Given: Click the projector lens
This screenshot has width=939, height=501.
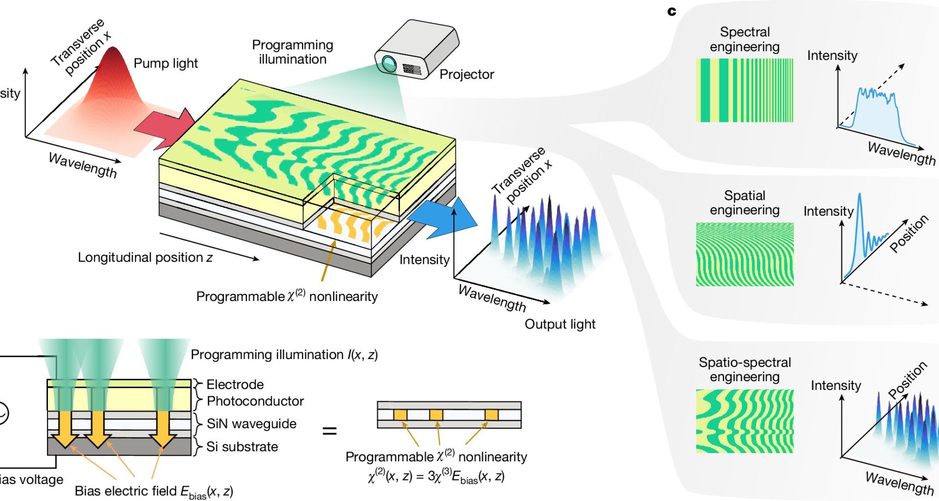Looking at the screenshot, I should pyautogui.click(x=389, y=63).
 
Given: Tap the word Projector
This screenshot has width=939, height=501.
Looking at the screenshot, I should pyautogui.click(x=467, y=74).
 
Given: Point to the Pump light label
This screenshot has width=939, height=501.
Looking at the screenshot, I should pyautogui.click(x=165, y=63).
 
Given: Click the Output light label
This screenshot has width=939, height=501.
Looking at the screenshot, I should pyautogui.click(x=559, y=324).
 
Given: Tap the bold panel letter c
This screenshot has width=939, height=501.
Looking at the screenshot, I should pyautogui.click(x=671, y=11).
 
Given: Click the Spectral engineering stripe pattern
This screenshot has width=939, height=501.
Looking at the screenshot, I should pyautogui.click(x=744, y=91).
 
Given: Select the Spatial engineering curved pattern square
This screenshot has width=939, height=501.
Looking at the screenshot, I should pyautogui.click(x=744, y=254).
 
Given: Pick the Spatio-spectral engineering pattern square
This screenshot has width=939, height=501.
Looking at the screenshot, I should pyautogui.click(x=744, y=421).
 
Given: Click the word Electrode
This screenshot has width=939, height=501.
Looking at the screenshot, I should pyautogui.click(x=235, y=385).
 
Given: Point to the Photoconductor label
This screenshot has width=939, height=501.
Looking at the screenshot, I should pyautogui.click(x=255, y=401).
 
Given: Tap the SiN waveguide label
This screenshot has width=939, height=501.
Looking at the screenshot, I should pyautogui.click(x=251, y=424).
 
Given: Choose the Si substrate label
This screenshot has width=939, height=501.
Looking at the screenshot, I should pyautogui.click(x=242, y=447).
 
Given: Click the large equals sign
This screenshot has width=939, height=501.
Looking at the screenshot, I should pyautogui.click(x=330, y=431).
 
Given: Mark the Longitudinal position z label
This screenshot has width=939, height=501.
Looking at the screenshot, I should pyautogui.click(x=145, y=257).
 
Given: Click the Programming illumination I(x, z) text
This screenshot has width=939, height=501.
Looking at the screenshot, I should pyautogui.click(x=284, y=355).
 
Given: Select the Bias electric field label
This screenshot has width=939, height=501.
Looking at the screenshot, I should pyautogui.click(x=154, y=491).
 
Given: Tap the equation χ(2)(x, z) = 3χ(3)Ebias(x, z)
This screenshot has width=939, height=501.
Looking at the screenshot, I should pyautogui.click(x=436, y=477).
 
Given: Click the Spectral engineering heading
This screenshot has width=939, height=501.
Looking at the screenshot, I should pyautogui.click(x=744, y=39).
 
